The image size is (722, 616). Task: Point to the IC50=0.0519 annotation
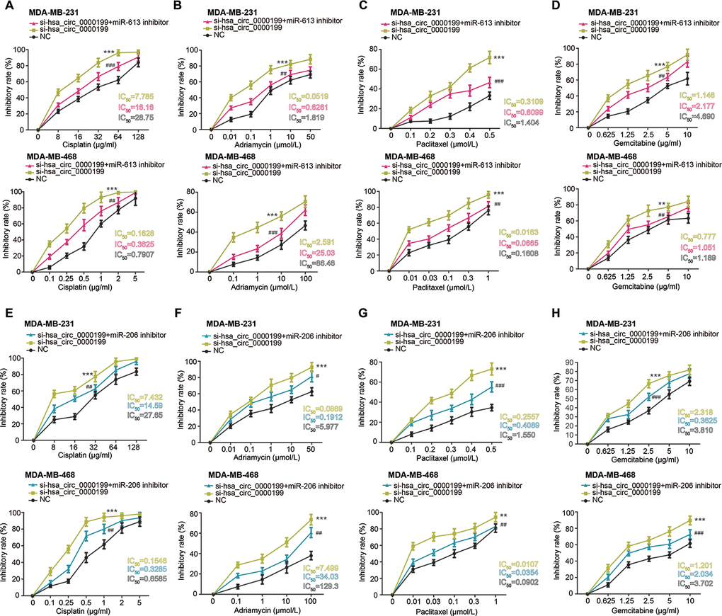(x=319, y=95)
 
